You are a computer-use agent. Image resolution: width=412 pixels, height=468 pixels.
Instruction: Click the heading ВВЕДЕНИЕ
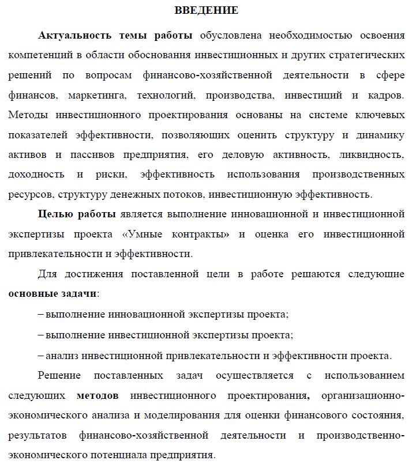point(206,10)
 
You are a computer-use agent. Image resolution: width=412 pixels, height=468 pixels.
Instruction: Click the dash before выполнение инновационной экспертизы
point(40,315)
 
